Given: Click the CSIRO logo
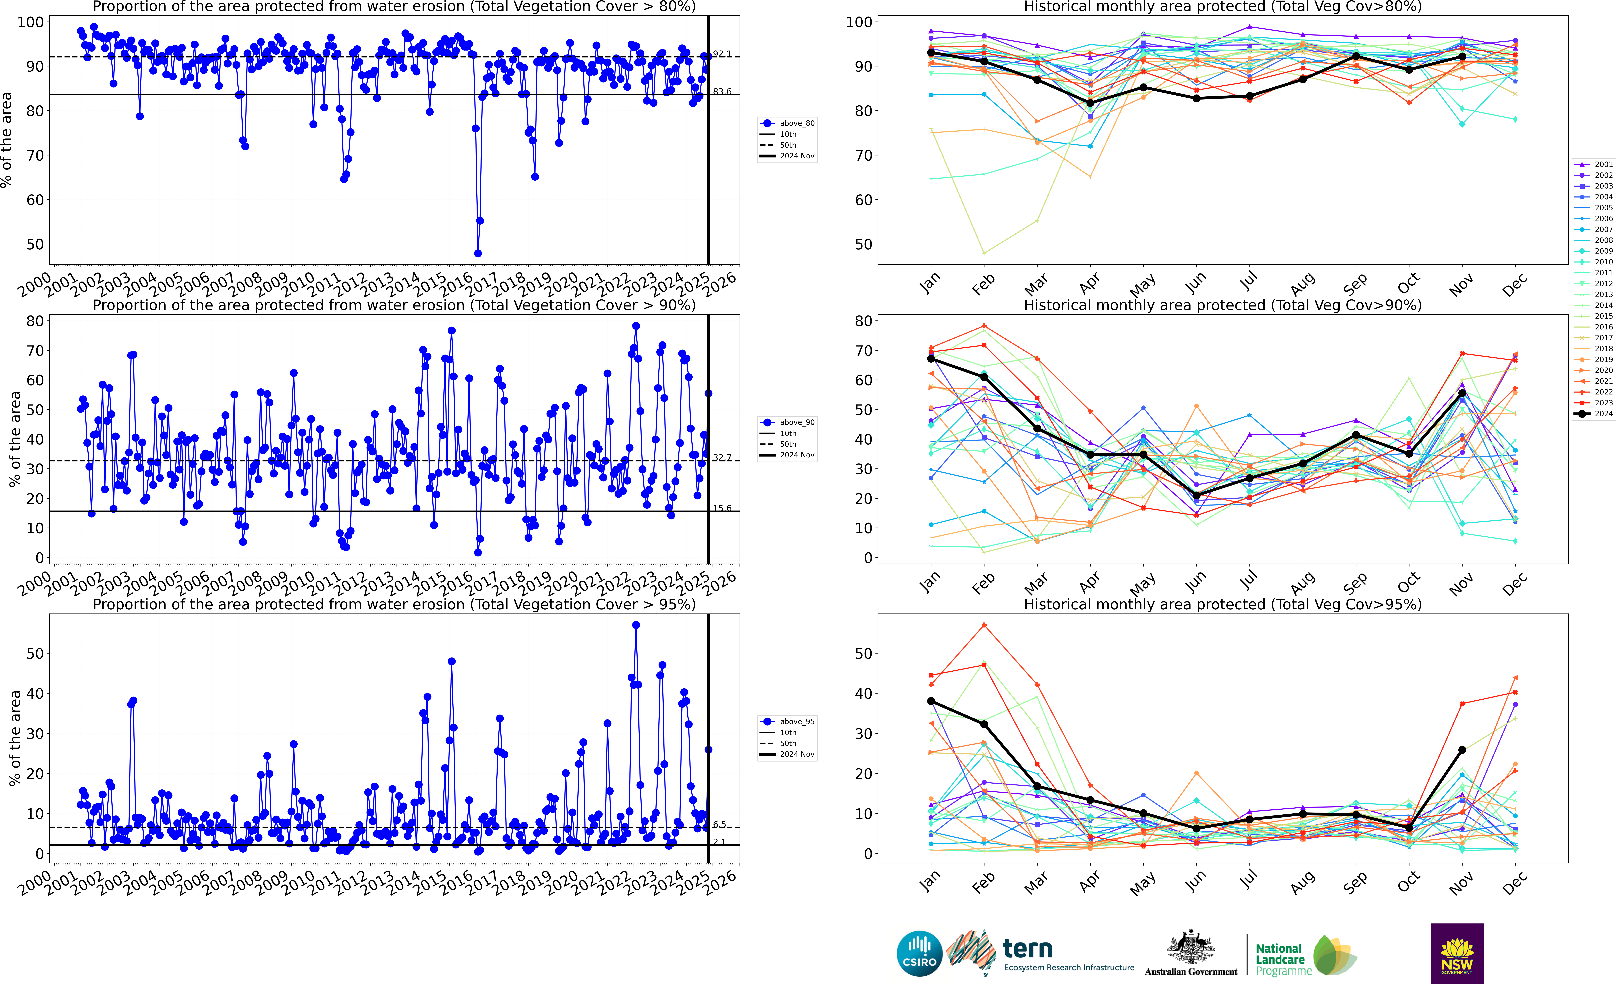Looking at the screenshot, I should [919, 953].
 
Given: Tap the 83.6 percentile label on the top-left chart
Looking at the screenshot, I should [722, 92].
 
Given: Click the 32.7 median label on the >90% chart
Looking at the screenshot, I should [722, 458].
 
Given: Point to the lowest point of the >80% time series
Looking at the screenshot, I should [477, 253].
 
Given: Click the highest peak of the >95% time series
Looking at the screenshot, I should [636, 625].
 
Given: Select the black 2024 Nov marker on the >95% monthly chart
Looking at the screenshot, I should [1462, 750].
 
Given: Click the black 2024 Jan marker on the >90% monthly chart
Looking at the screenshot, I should [931, 359].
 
